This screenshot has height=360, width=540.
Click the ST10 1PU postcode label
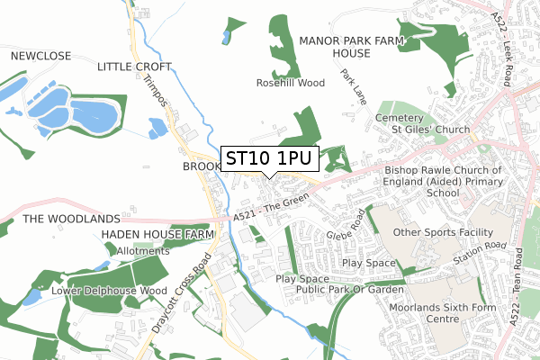click(268, 158)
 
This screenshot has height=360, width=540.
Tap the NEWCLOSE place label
click(40, 56)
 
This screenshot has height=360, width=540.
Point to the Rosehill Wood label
click(289, 83)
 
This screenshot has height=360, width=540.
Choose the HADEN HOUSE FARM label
click(157, 234)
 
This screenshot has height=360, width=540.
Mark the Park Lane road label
click(353, 85)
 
